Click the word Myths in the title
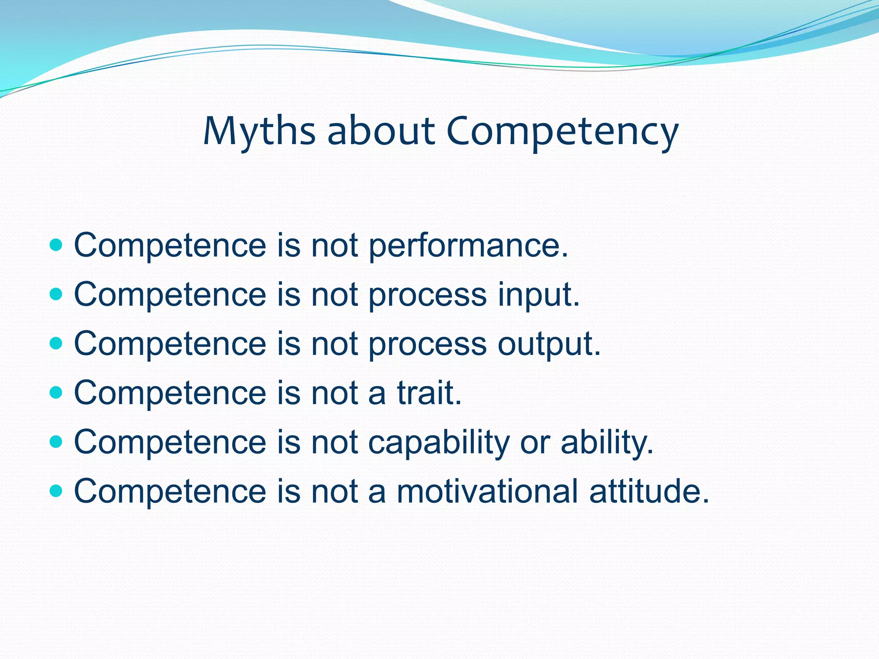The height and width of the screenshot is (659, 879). pos(259,132)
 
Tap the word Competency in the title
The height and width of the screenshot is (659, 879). pos(562,132)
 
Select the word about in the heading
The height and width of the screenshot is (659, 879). pos(381,131)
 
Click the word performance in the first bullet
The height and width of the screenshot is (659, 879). pos(468,246)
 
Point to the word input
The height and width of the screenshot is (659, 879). pos(539,295)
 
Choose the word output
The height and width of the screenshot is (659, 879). pos(549,345)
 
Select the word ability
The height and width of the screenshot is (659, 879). pos(607,443)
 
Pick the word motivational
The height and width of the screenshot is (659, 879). pos(487,491)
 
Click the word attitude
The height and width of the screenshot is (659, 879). pos(649,491)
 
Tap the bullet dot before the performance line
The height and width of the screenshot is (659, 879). pos(56,245)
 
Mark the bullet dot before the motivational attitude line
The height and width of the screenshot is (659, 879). pos(56,491)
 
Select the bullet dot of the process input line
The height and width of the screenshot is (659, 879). pos(56,294)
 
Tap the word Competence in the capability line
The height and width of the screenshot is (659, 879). pos(170,443)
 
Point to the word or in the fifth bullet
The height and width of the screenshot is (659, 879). pos(535,443)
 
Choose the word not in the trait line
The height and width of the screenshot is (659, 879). pos(334,393)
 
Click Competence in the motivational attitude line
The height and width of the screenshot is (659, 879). pos(170,491)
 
